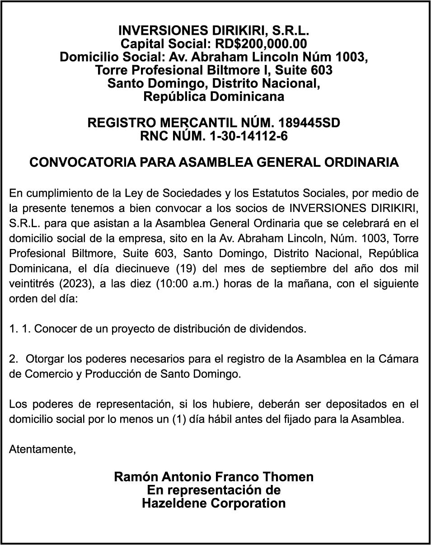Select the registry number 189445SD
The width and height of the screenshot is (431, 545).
click(x=309, y=123)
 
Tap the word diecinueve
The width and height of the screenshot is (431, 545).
click(x=129, y=268)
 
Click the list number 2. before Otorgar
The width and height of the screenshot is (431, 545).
click(x=14, y=359)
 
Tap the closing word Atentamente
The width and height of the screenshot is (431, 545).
click(x=42, y=450)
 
